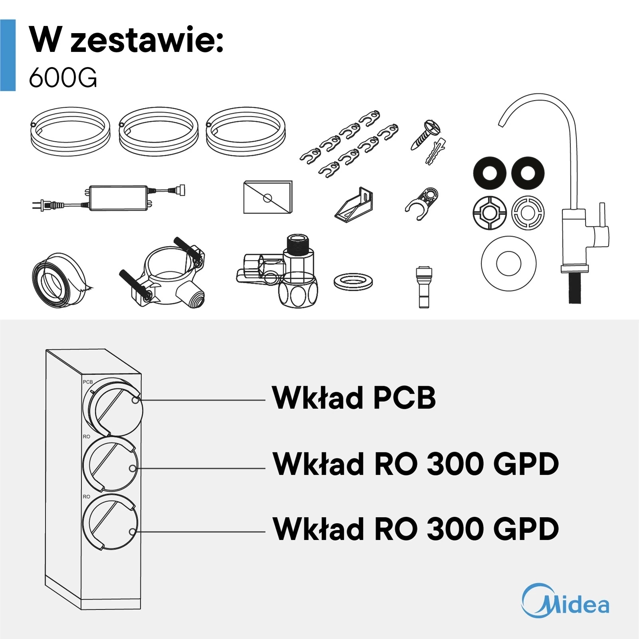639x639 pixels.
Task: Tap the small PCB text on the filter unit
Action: [87, 382]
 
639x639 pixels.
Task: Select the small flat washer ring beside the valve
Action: [353, 282]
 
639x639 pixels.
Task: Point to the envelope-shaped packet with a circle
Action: [268, 197]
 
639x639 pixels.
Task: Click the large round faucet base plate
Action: [508, 263]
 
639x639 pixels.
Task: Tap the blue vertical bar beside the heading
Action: [8, 55]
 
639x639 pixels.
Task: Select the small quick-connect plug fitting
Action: [424, 287]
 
